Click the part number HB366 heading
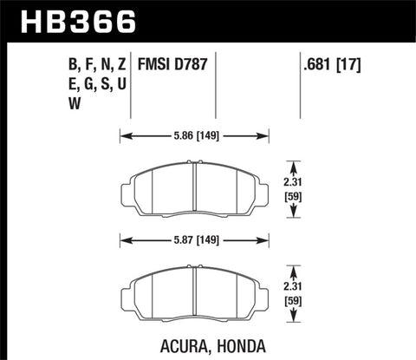pyautogui.click(x=70, y=20)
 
